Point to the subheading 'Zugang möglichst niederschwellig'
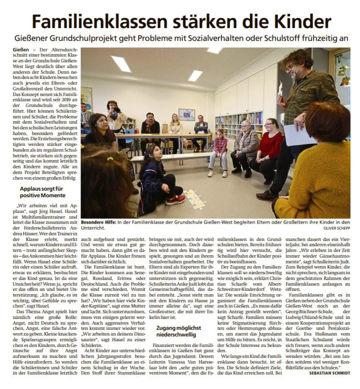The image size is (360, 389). (178, 331)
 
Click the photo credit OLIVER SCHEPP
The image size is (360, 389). (337, 228)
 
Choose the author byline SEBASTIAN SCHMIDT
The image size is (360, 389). (330, 373)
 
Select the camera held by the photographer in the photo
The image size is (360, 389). (116, 110)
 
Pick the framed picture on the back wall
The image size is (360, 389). (186, 115)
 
